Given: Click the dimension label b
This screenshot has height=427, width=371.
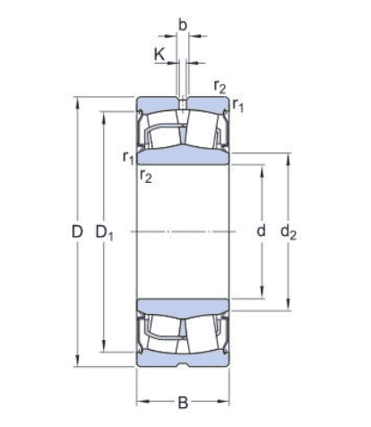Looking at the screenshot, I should [x=183, y=24].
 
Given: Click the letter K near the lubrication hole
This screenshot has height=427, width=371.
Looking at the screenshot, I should [x=160, y=55].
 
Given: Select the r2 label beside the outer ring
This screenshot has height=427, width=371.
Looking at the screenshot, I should [x=220, y=87].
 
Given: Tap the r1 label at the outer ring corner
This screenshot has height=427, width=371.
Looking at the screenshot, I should [x=238, y=107].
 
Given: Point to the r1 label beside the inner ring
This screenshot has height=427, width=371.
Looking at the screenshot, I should [x=128, y=158].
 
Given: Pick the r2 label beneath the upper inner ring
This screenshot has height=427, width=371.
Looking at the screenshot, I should [x=145, y=177].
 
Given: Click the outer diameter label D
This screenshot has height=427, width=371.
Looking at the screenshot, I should [x=78, y=232].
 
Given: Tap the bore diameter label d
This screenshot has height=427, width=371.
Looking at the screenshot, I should [x=261, y=231].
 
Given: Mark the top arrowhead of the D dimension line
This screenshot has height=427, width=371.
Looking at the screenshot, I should [x=78, y=98].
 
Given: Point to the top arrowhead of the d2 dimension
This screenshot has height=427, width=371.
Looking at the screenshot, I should [x=287, y=159].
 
